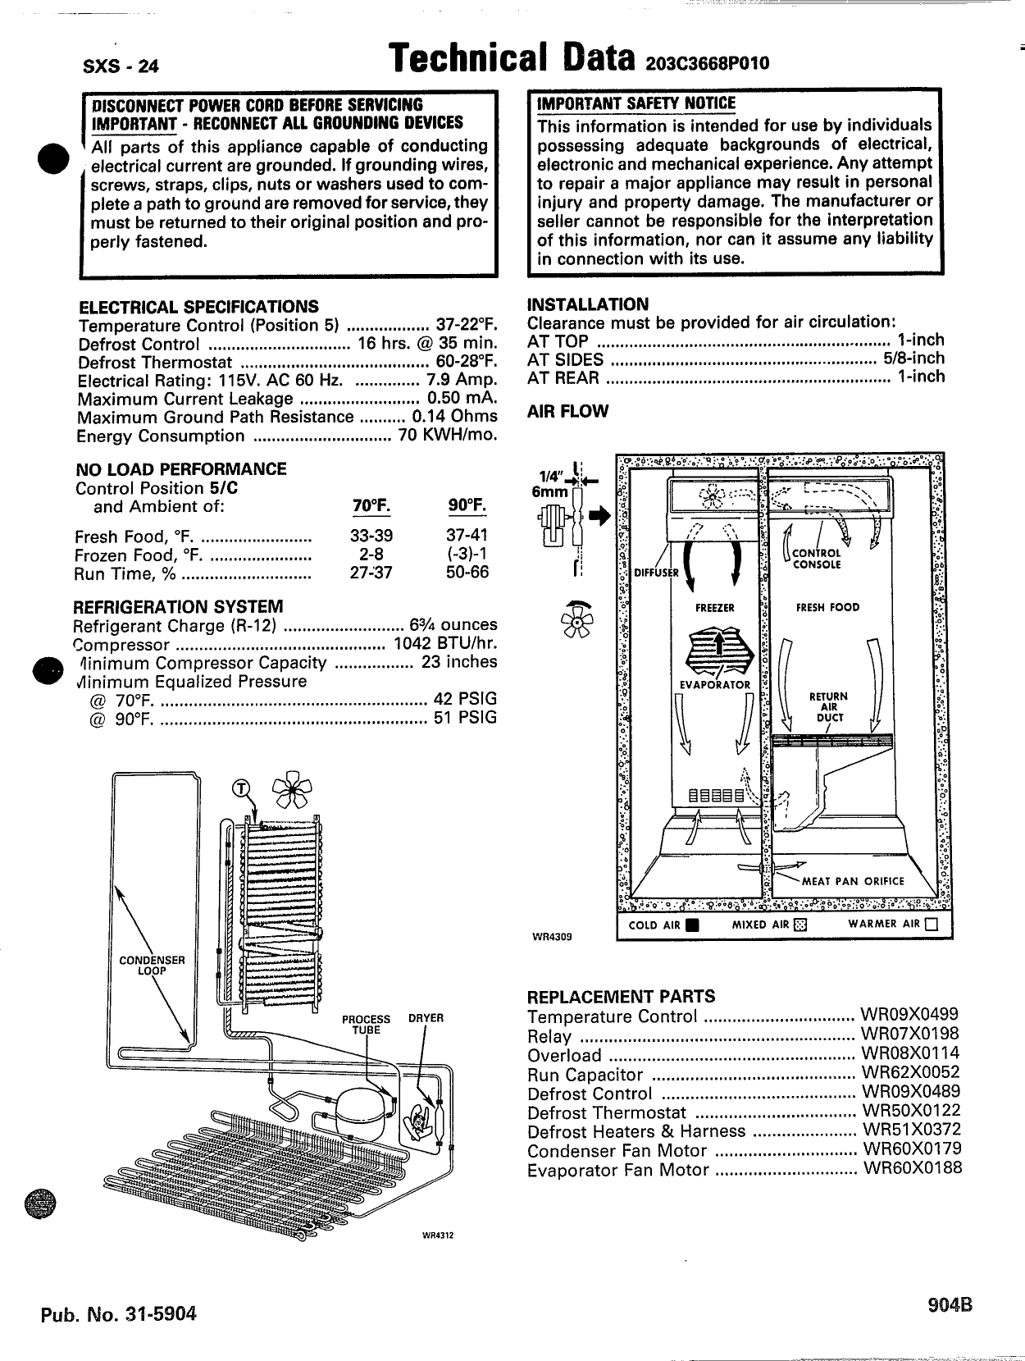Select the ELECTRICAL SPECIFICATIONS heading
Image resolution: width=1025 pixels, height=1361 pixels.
coord(198,307)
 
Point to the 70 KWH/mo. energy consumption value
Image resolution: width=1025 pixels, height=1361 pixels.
coord(448,436)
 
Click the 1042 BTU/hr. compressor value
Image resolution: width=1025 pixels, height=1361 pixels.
coord(445,644)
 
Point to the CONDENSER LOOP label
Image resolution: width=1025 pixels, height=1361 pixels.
coord(152,965)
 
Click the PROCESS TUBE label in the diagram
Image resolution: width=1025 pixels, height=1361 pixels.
coord(367,1024)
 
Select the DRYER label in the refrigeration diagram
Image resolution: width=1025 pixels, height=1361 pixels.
coord(426,1018)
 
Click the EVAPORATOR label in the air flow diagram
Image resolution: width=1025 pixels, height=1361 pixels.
coord(715,685)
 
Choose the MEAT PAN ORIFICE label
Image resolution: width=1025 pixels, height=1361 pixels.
coord(853,881)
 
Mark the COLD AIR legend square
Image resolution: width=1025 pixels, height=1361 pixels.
coord(691,925)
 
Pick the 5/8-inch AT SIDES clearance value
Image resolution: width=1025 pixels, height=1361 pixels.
coord(913,359)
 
